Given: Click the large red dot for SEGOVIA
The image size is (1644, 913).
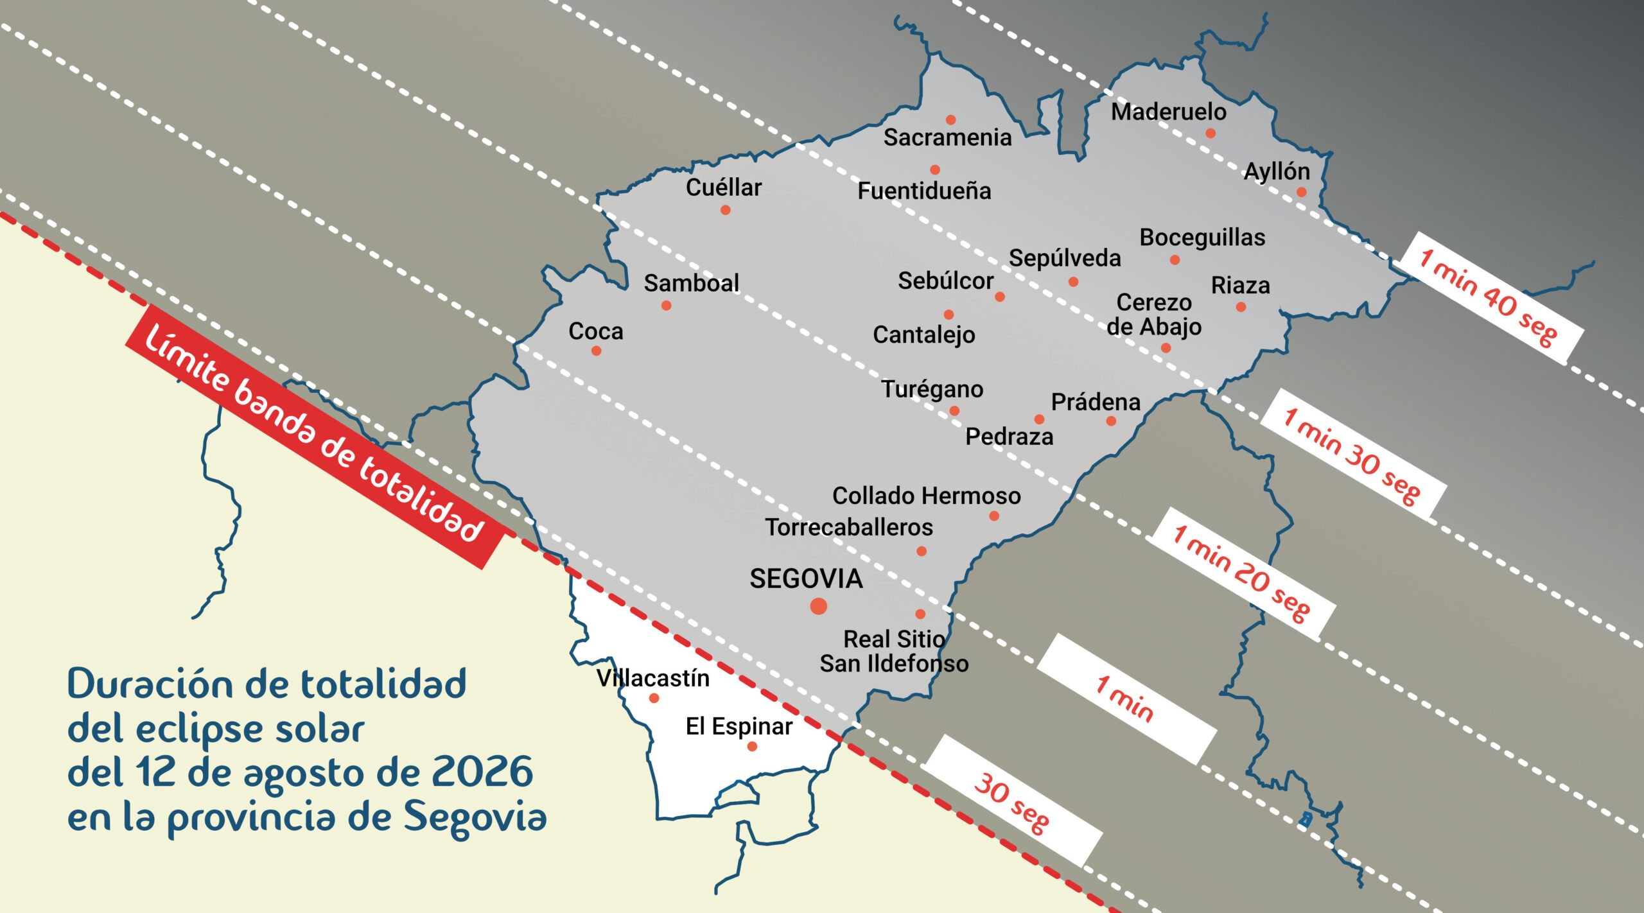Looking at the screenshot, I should point(818,605).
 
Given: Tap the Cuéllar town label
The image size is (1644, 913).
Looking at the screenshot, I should point(723,187).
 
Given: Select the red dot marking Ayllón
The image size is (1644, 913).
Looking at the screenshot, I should point(1301,192).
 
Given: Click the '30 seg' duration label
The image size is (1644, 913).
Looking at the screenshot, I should point(1012,802).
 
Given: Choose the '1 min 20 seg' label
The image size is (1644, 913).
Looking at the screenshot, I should point(1241,573).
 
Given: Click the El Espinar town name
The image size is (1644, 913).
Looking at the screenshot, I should point(739,726).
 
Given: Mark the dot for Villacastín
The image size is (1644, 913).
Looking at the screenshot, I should point(654,698).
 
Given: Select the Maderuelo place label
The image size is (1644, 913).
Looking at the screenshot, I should point(1168,112).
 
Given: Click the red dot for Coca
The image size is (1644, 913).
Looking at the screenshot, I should point(596,351).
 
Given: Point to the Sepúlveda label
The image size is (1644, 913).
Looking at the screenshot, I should point(1065,258).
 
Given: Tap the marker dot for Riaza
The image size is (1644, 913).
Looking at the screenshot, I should point(1241,307).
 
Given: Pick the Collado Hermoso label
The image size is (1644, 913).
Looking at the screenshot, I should point(926,496).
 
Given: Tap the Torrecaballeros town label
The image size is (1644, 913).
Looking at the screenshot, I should point(849,527).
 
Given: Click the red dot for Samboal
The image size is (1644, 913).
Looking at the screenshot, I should point(666,306).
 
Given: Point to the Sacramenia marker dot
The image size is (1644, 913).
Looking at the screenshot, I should point(950,120).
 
